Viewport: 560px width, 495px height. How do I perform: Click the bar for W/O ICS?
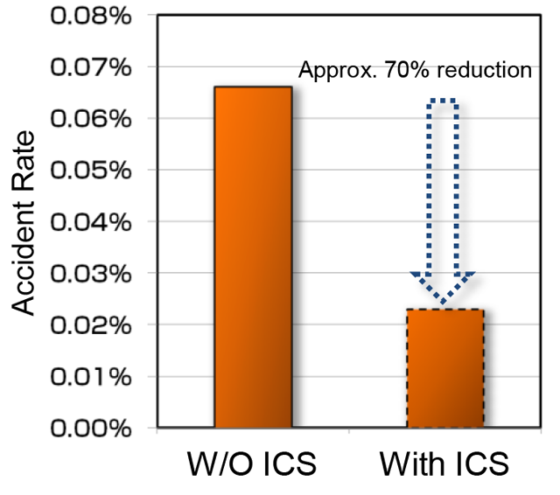tap(253, 257)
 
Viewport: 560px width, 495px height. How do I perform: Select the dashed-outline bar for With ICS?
tap(445, 368)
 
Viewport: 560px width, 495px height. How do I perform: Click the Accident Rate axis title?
tap(26, 222)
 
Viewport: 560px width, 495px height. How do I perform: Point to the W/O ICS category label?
tap(253, 463)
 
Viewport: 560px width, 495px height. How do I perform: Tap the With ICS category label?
tap(444, 463)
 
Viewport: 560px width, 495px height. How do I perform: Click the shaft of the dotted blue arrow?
tap(444, 184)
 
